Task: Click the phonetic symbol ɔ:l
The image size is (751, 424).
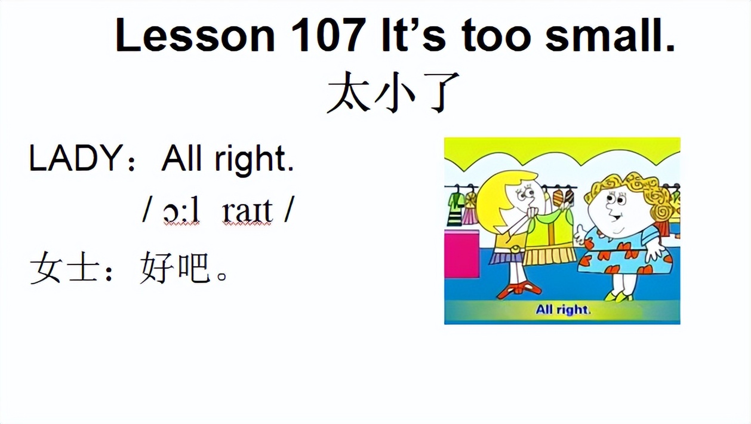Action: [181, 211]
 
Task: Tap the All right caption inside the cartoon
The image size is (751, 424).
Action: [563, 309]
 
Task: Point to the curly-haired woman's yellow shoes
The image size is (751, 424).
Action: [618, 295]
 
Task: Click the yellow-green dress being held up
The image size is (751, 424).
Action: [549, 239]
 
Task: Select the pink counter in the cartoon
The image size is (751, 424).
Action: [461, 254]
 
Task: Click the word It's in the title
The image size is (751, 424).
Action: [411, 36]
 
